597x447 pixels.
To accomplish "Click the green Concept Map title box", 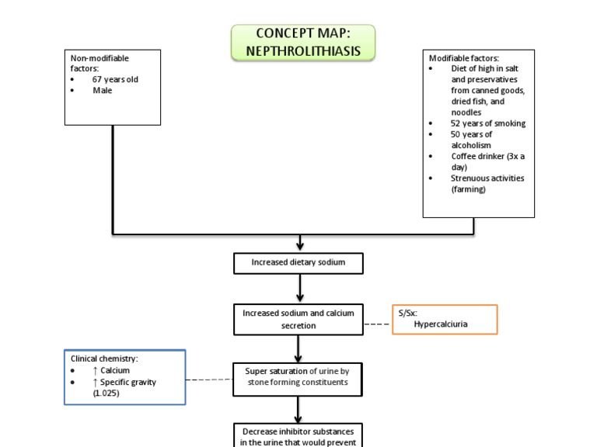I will [302, 43].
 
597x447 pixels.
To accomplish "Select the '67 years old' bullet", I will [115, 79].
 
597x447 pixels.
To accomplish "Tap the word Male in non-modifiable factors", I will [103, 90].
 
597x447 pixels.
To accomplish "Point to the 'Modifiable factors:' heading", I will [464, 57].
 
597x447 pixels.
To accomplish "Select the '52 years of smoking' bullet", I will [487, 123].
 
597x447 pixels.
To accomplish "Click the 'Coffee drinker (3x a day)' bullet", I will [487, 161].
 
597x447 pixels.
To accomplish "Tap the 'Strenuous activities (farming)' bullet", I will [487, 183].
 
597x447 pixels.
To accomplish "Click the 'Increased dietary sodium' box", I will [298, 263].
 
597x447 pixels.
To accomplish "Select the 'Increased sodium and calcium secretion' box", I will [298, 319].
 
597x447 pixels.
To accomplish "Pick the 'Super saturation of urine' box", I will [298, 376].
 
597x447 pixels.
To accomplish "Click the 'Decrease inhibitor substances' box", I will [298, 435].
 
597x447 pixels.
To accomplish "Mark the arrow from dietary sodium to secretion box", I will [299, 288].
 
